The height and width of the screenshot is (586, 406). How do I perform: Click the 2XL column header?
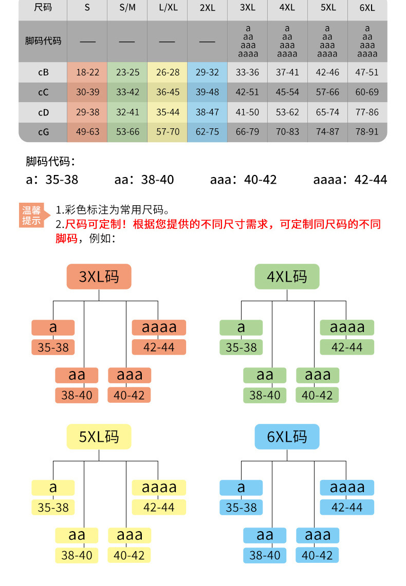click(207, 8)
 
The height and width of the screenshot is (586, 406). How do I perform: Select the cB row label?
click(43, 72)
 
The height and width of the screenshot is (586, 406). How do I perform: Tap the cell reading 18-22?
click(87, 72)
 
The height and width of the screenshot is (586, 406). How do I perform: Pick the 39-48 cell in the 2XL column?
click(207, 92)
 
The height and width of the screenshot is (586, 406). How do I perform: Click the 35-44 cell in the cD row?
click(168, 112)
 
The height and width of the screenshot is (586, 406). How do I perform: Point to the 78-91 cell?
click(367, 132)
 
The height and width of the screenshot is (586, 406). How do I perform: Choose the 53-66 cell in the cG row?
click(127, 132)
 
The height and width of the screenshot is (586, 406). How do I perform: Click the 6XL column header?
click(367, 8)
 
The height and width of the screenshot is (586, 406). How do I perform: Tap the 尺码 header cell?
click(43, 8)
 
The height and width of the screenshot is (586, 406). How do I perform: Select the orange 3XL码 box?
click(99, 277)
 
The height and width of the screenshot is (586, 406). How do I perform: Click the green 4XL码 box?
click(287, 277)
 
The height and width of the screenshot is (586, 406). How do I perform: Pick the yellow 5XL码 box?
click(99, 437)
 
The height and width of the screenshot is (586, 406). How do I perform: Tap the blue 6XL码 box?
click(287, 437)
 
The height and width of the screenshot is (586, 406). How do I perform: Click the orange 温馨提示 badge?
click(31, 216)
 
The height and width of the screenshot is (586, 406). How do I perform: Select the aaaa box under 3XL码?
click(159, 327)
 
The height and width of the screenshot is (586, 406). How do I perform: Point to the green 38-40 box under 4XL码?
click(265, 395)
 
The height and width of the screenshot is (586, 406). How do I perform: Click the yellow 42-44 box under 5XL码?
click(159, 507)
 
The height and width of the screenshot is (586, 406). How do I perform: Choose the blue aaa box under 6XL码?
click(318, 535)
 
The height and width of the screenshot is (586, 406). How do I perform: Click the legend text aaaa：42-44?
click(350, 180)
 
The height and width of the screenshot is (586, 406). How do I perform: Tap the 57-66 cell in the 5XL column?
click(327, 92)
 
